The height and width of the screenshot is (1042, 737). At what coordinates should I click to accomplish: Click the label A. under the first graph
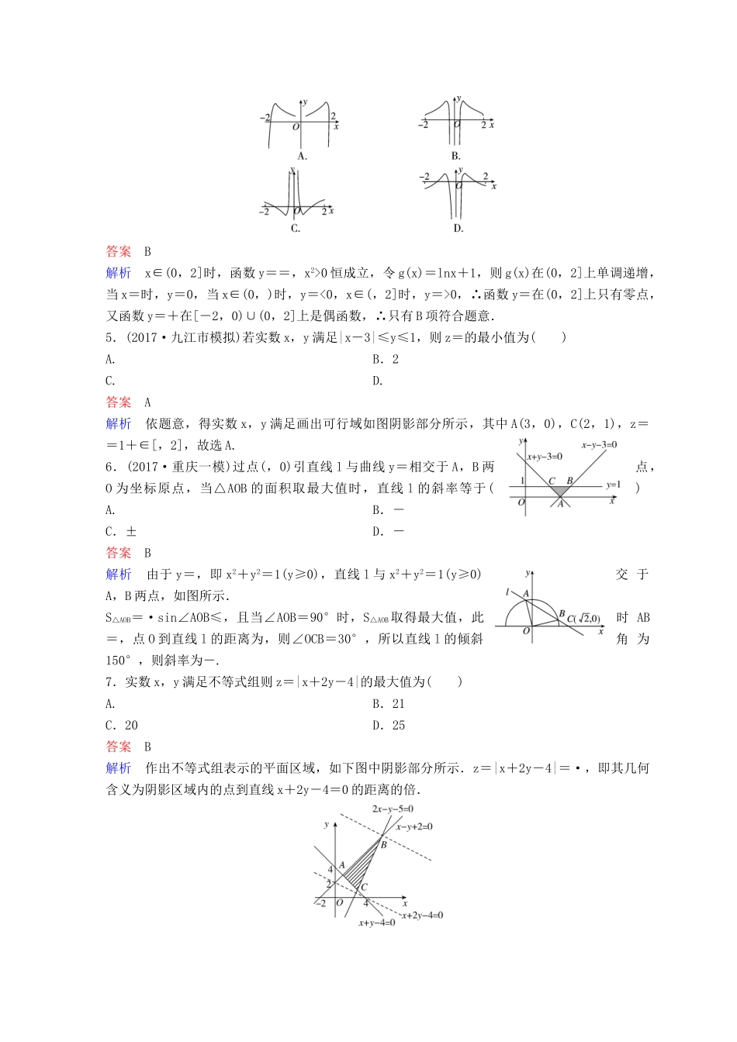pos(302,156)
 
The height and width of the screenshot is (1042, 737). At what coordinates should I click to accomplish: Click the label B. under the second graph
pos(456,156)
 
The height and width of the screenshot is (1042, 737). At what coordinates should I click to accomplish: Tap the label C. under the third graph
pos(296,228)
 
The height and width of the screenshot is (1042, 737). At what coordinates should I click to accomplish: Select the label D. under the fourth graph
pos(458,228)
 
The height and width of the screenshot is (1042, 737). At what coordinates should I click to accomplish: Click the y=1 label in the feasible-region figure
pos(613,485)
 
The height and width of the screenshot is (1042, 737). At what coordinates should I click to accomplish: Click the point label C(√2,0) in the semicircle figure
pos(583,618)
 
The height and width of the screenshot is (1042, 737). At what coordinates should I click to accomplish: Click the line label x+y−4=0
pos(377,923)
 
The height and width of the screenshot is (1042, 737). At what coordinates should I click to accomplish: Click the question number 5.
pos(109,337)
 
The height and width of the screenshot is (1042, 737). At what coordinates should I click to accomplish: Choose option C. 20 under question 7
pos(122,726)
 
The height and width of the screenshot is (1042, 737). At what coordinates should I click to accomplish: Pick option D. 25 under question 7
pos(389,726)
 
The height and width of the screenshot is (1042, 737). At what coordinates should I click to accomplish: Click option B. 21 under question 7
pos(389,704)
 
